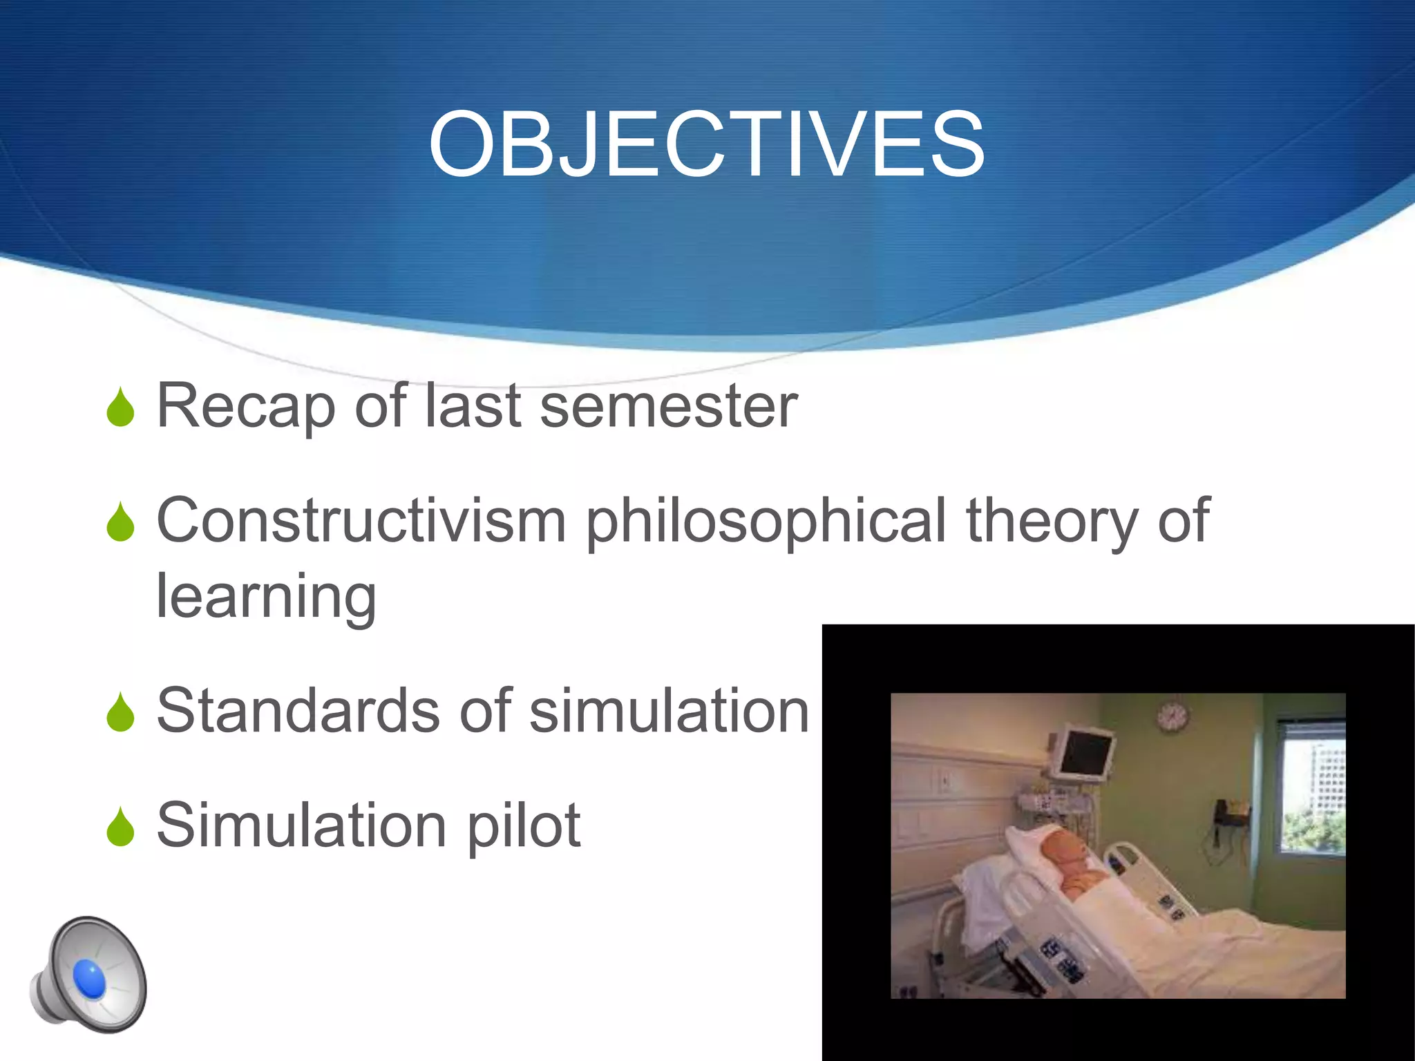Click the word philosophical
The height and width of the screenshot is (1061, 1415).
(766, 522)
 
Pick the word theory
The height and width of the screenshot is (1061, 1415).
(1052, 522)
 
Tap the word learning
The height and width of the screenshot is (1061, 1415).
(267, 598)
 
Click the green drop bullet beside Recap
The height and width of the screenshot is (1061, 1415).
(121, 408)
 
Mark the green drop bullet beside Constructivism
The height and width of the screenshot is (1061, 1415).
(121, 522)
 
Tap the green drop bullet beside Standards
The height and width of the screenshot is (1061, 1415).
(121, 712)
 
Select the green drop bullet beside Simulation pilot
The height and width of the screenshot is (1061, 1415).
(121, 827)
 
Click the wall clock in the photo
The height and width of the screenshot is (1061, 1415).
(1172, 716)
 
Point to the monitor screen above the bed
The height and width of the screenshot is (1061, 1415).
(1085, 753)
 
